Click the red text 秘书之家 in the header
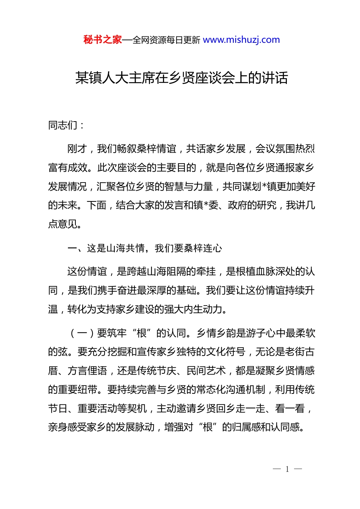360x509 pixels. point(102,40)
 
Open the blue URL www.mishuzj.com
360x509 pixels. point(241,40)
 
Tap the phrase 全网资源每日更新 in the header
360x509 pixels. point(166,40)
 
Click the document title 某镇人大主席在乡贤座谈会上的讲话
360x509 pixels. point(182,78)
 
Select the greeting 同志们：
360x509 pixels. point(66,125)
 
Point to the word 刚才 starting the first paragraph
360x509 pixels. point(77,149)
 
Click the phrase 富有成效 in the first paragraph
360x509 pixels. point(67,168)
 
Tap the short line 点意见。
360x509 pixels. point(65,224)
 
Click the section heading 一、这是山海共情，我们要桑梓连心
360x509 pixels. point(144,248)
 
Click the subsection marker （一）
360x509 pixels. point(82,333)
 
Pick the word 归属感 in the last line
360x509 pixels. point(246,428)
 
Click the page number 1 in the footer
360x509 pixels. point(287,469)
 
